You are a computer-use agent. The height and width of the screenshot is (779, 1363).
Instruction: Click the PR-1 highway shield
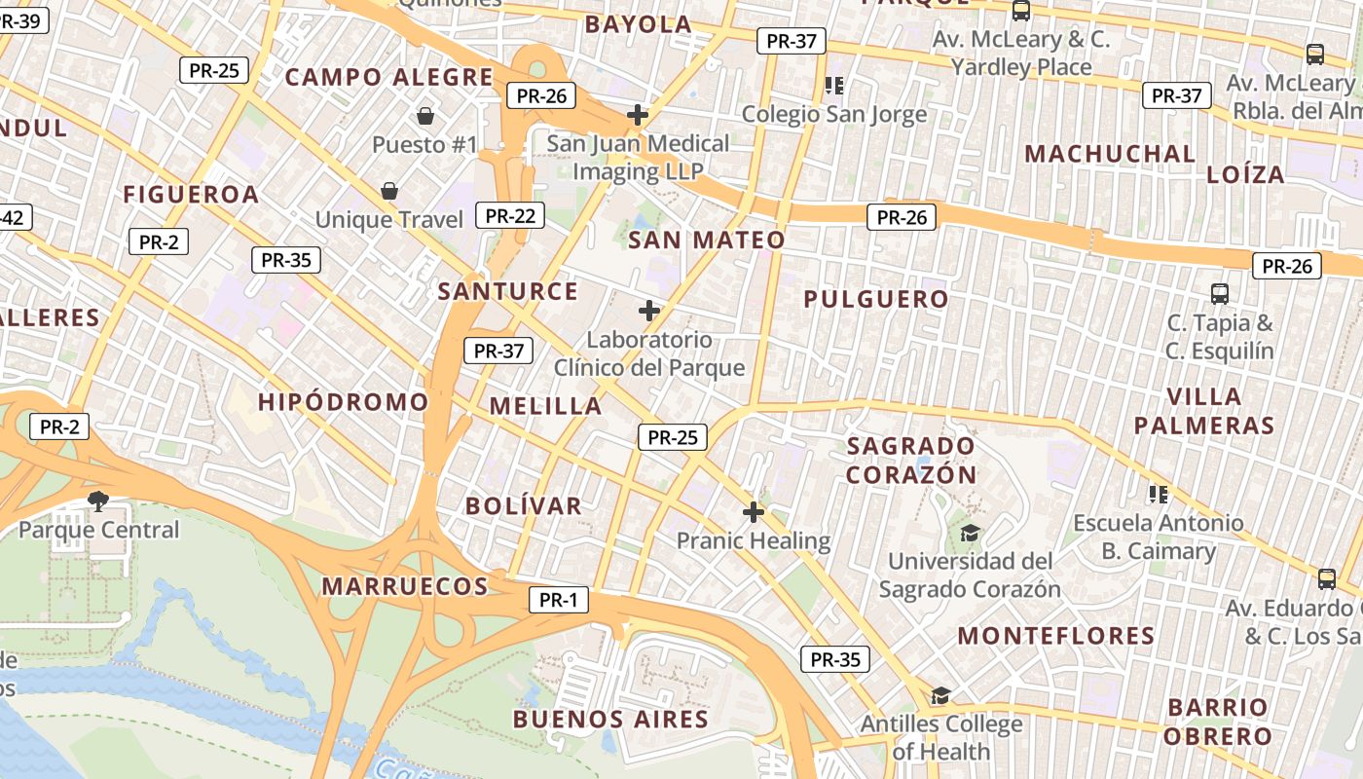coord(559,600)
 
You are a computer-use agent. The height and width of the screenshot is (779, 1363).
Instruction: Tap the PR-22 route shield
coord(510,215)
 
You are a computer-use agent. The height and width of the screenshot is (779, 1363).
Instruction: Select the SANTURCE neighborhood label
coord(508,291)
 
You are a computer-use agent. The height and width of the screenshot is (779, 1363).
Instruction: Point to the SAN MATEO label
coord(707,241)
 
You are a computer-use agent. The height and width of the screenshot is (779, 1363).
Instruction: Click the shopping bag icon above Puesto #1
coord(425,117)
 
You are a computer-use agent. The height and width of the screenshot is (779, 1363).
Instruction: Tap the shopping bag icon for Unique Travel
coord(389,191)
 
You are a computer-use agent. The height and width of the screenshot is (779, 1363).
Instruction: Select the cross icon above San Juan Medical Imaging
coord(638,115)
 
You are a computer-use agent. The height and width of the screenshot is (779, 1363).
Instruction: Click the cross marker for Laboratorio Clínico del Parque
coord(649,312)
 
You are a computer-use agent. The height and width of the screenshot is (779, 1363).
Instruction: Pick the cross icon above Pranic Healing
coord(754,512)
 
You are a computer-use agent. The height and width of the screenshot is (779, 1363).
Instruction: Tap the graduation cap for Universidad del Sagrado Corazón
coord(971,533)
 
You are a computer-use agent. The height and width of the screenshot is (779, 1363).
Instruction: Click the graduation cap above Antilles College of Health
coord(940,695)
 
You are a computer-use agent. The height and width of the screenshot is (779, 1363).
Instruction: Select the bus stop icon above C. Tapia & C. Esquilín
coord(1219,293)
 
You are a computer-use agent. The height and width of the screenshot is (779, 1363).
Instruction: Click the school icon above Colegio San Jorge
coord(833,86)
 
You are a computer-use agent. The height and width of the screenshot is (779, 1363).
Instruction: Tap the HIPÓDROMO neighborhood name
coord(344,402)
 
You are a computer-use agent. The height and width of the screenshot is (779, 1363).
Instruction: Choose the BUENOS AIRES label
coord(610,720)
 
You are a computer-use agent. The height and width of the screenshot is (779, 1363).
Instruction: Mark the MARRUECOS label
coord(405,586)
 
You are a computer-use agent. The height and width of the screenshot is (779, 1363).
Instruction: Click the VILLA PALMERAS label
coord(1204,411)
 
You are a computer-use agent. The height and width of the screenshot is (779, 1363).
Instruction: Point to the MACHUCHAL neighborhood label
coord(1110,154)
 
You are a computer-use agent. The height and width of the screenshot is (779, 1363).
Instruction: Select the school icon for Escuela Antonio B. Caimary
coord(1158,494)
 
